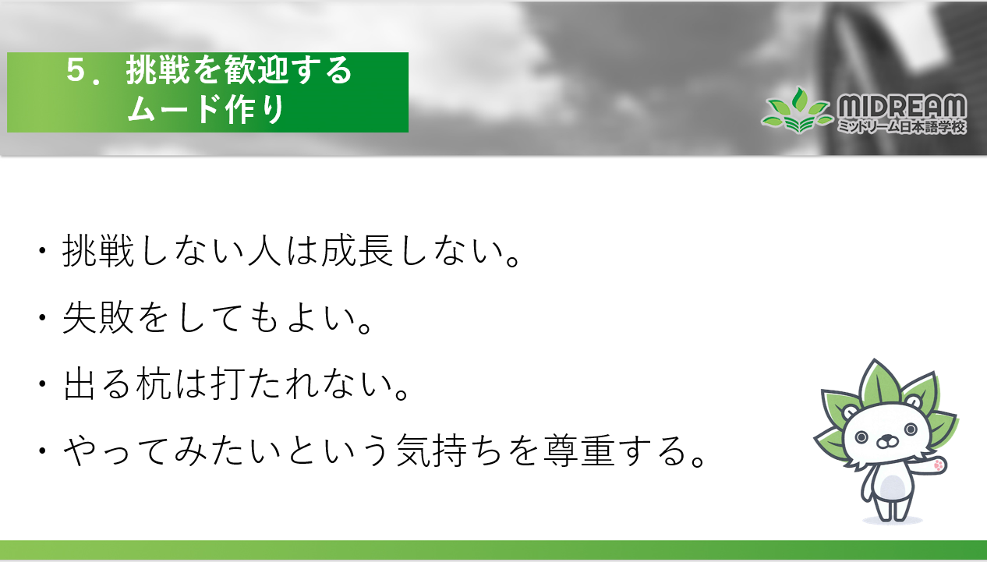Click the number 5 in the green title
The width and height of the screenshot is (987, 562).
click(x=75, y=70)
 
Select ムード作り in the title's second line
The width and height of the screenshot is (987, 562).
click(x=206, y=109)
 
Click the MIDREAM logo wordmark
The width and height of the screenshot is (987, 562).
click(x=902, y=106)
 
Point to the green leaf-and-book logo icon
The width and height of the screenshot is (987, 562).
click(x=798, y=111)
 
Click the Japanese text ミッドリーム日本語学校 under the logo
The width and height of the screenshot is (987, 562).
click(x=902, y=127)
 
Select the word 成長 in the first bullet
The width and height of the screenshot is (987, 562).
click(x=357, y=250)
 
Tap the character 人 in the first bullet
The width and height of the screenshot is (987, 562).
click(x=264, y=250)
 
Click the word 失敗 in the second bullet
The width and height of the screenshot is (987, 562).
click(x=98, y=317)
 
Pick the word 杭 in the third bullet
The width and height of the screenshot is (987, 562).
click(x=154, y=384)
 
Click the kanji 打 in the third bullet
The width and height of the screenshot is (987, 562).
click(x=228, y=384)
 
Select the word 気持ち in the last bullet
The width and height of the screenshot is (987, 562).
click(x=449, y=450)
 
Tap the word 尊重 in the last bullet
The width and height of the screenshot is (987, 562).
click(x=579, y=450)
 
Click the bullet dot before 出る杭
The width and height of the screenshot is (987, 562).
click(x=42, y=384)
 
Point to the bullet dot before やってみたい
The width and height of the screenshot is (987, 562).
click(x=42, y=451)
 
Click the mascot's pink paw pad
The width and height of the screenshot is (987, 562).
click(x=939, y=465)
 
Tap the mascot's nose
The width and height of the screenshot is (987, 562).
click(x=886, y=439)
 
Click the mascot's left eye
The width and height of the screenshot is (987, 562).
click(x=861, y=437)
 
